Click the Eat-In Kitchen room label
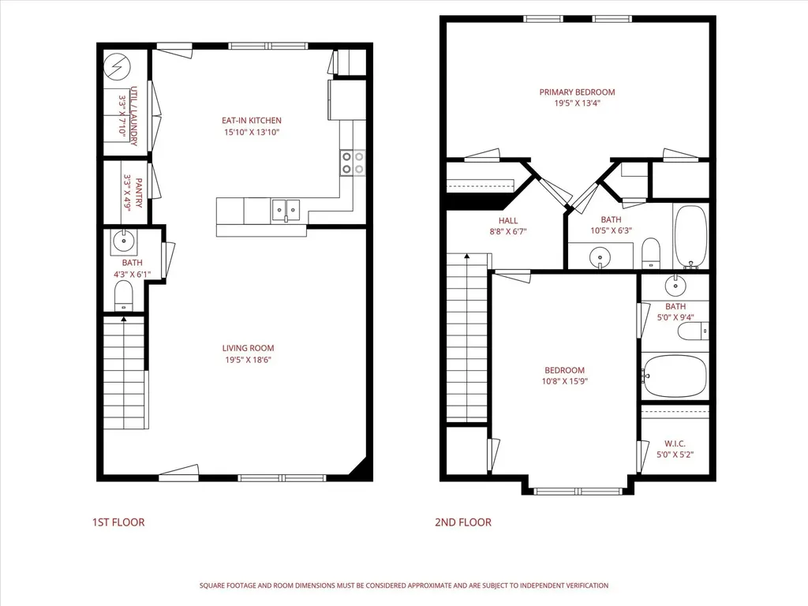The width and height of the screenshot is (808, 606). (252, 121)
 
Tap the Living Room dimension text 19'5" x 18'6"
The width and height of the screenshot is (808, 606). (248, 360)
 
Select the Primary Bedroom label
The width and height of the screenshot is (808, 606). (577, 92)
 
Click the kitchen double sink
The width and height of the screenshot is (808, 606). (286, 210)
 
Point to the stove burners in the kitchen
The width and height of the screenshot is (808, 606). (353, 163)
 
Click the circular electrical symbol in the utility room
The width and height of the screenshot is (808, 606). (117, 67)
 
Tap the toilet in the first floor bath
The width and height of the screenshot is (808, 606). (123, 296)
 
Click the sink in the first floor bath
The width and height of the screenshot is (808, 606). (124, 240)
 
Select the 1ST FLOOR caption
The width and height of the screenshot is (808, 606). (118, 522)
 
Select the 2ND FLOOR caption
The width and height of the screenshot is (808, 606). (463, 522)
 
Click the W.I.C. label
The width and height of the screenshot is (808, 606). (675, 443)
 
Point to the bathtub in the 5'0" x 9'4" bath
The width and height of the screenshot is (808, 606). (675, 376)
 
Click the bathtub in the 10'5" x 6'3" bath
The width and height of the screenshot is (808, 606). (690, 236)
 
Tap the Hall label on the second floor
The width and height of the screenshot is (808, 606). (508, 221)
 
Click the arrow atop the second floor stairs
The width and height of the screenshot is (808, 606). (467, 256)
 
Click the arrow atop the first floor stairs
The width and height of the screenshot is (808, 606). (124, 320)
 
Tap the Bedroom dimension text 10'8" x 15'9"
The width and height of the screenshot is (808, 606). (565, 381)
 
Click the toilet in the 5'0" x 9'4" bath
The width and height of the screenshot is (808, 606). (693, 331)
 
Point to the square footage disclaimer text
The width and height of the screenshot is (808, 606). (404, 585)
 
